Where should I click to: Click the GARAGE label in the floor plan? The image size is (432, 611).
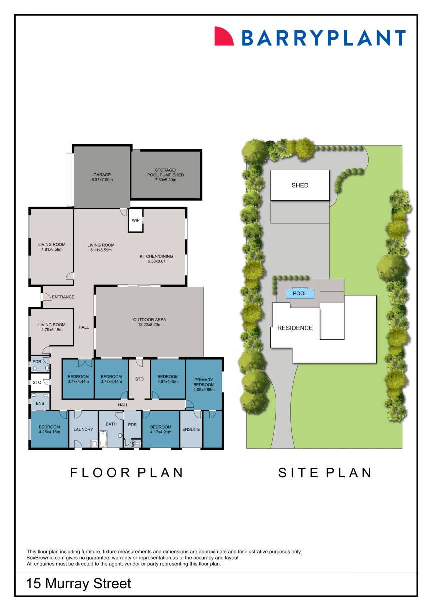102,175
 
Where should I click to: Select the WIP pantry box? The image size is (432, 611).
136,220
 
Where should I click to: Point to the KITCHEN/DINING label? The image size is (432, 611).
156,256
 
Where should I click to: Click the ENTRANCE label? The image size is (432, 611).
63,297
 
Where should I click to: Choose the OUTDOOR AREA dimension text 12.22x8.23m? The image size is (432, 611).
149,326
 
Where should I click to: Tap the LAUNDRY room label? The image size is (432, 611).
83,429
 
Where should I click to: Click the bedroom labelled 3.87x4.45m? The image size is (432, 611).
168,379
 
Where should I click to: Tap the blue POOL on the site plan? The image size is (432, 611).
300,294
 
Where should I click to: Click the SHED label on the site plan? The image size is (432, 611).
300,185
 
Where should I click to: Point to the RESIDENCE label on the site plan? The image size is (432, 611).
295,328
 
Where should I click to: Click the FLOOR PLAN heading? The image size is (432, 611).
127,472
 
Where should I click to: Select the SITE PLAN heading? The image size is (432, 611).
325,472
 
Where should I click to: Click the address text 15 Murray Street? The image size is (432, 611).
79,583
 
